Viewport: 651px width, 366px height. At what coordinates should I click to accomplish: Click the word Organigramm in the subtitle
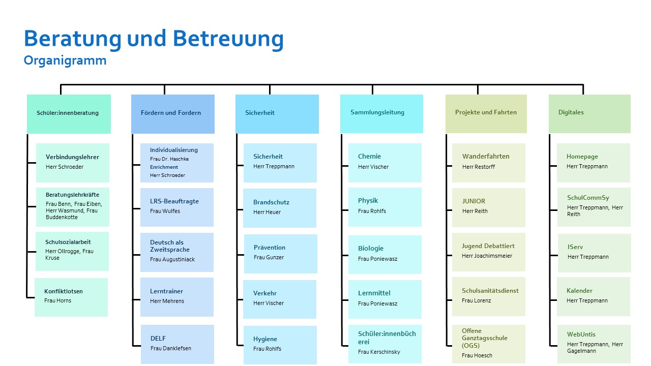65,60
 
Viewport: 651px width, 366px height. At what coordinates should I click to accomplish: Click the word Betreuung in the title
228,39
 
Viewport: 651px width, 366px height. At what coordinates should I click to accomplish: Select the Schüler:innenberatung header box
69,114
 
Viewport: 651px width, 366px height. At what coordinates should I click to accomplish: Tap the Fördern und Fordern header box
173,114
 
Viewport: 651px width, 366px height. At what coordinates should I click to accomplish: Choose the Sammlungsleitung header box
381,114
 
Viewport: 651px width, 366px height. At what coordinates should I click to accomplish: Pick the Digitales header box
589,114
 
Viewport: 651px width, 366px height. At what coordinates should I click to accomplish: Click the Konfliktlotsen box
71,297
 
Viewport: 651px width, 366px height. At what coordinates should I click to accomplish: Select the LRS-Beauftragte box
177,207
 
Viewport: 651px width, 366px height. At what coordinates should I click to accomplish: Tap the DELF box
177,344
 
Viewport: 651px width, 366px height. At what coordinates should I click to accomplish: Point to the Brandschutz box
280,208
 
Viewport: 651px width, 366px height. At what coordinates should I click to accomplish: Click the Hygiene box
280,345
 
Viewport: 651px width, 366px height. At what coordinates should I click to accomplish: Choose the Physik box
385,207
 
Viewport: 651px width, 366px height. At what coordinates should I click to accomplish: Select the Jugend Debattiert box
489,252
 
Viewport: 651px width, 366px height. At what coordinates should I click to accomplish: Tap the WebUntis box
594,344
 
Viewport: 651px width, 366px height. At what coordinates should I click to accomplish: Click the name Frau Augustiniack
172,259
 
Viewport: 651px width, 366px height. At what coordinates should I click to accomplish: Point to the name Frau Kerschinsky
379,352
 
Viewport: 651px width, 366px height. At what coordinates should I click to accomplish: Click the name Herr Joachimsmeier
487,256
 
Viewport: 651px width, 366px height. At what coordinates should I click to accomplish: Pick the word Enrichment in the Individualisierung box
164,167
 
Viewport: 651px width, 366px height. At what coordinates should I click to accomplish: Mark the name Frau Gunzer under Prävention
269,257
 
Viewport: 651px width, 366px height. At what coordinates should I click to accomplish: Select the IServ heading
575,247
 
